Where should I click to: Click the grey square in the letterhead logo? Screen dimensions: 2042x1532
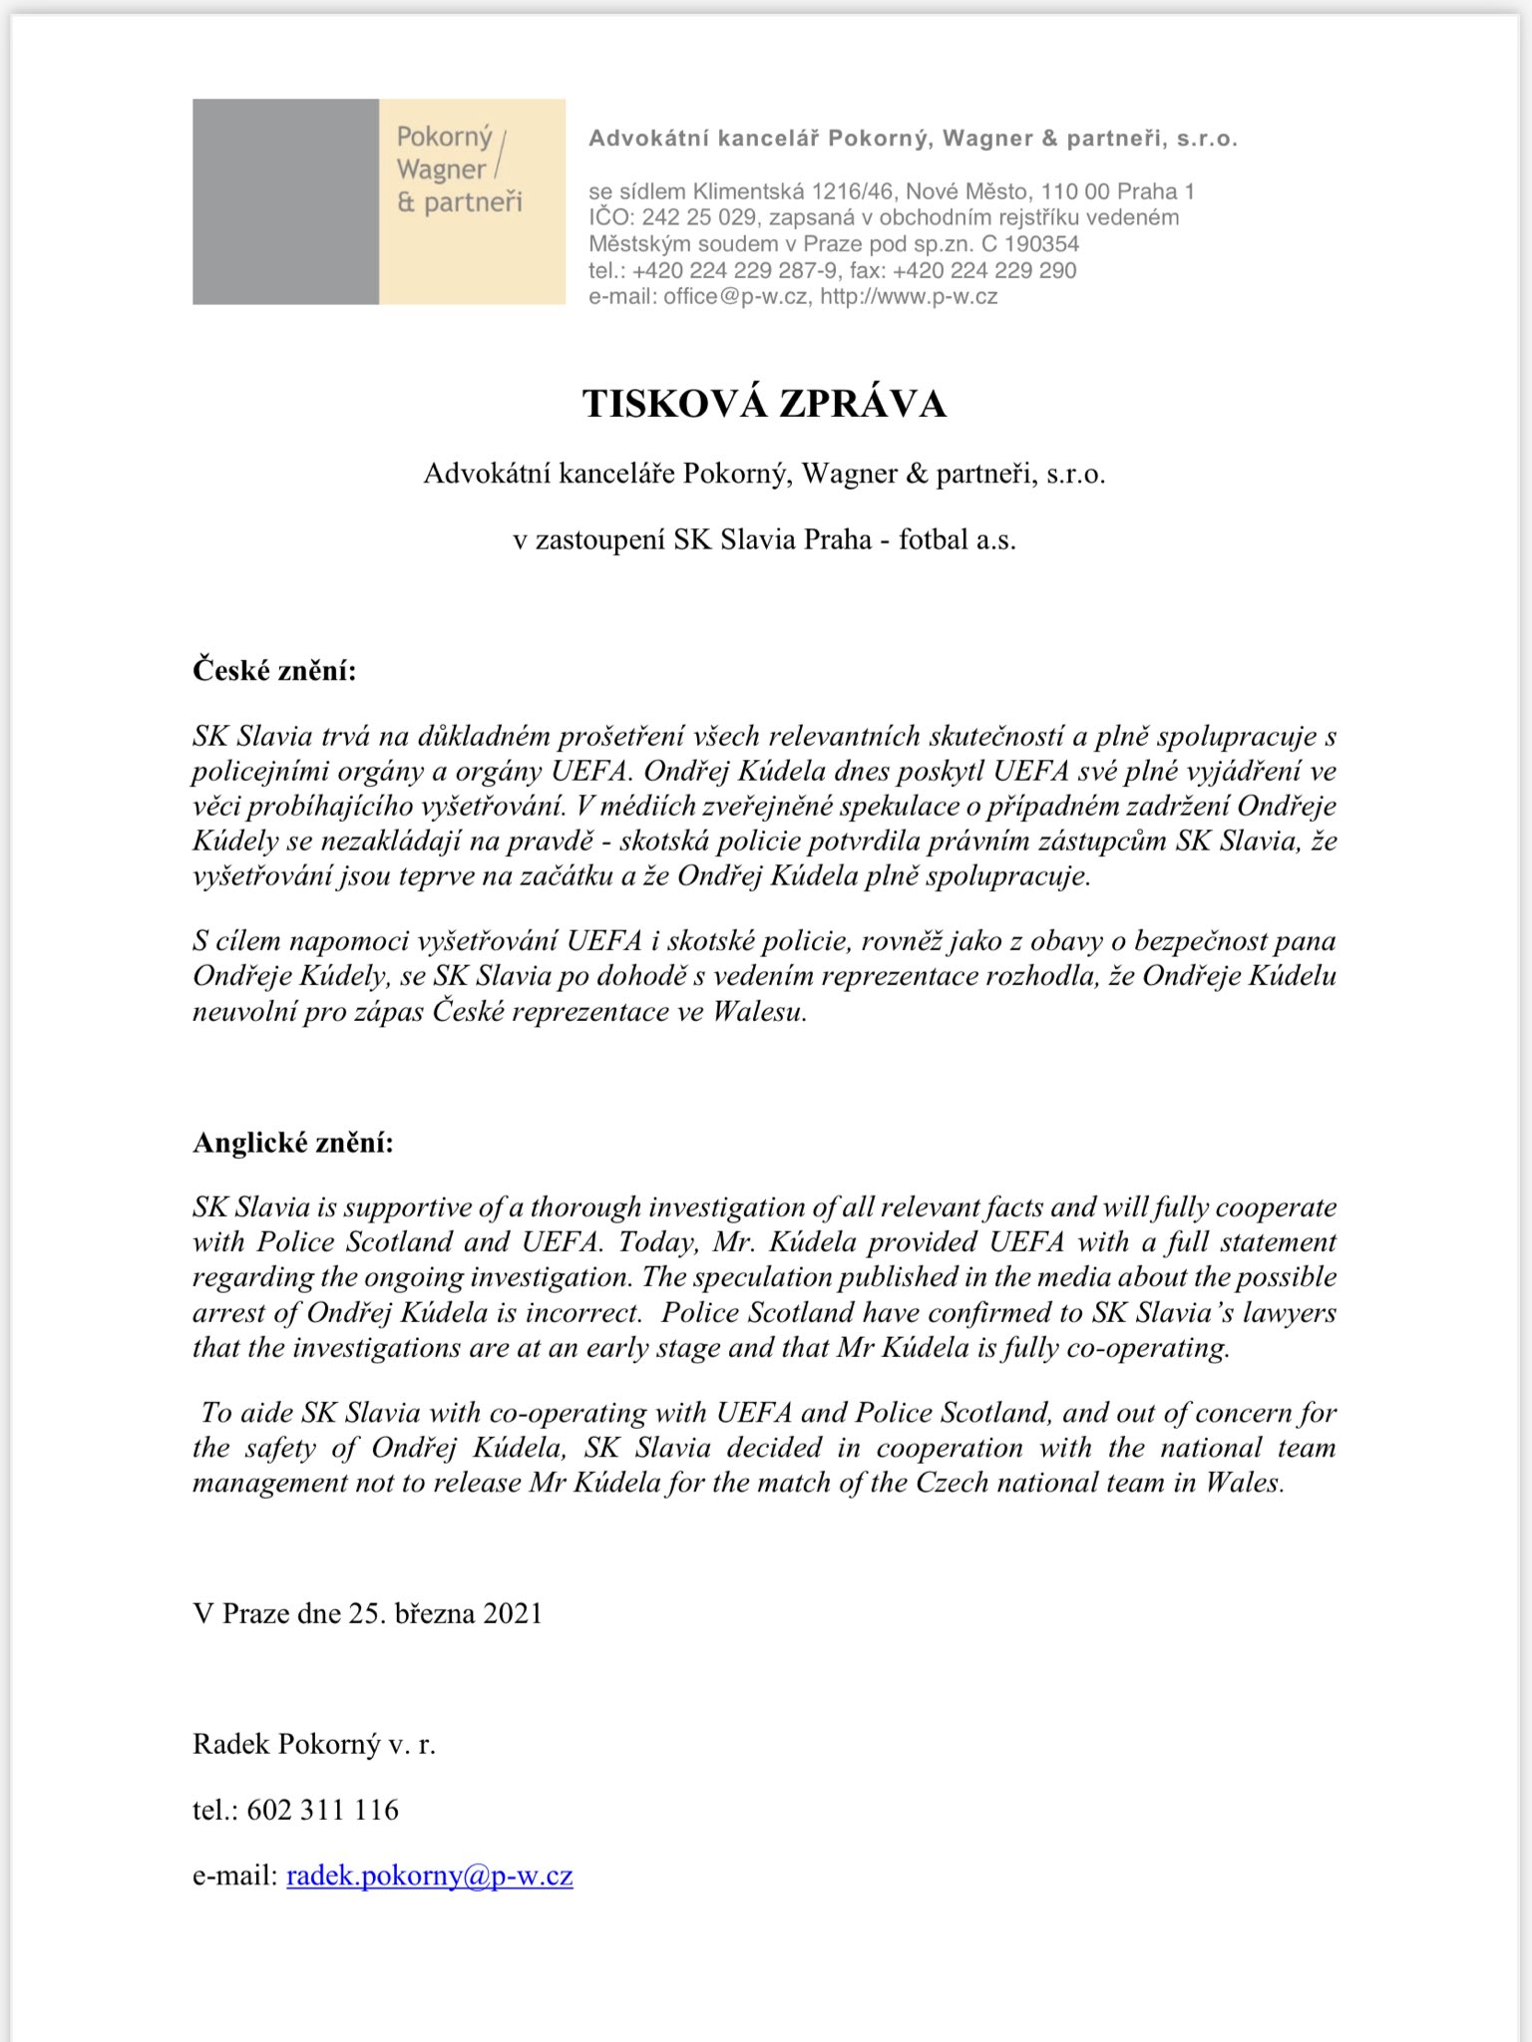(285, 201)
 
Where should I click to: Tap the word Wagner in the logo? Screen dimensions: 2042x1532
(441, 170)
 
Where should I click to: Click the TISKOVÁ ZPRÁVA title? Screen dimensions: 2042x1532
(764, 404)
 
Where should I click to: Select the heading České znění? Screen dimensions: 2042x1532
(274, 670)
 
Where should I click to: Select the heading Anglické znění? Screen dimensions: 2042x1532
(293, 1143)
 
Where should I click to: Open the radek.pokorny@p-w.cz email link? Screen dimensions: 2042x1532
(429, 1875)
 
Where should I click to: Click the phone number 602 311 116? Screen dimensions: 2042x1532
(322, 1810)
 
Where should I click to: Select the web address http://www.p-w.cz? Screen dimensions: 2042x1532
(909, 296)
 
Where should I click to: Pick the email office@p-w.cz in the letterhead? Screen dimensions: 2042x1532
(735, 296)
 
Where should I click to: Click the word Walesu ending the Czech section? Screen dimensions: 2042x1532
(759, 1012)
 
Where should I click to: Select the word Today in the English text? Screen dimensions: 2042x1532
(655, 1242)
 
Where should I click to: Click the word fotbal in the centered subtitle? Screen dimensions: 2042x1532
(934, 539)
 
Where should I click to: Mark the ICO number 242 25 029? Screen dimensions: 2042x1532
(698, 217)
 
